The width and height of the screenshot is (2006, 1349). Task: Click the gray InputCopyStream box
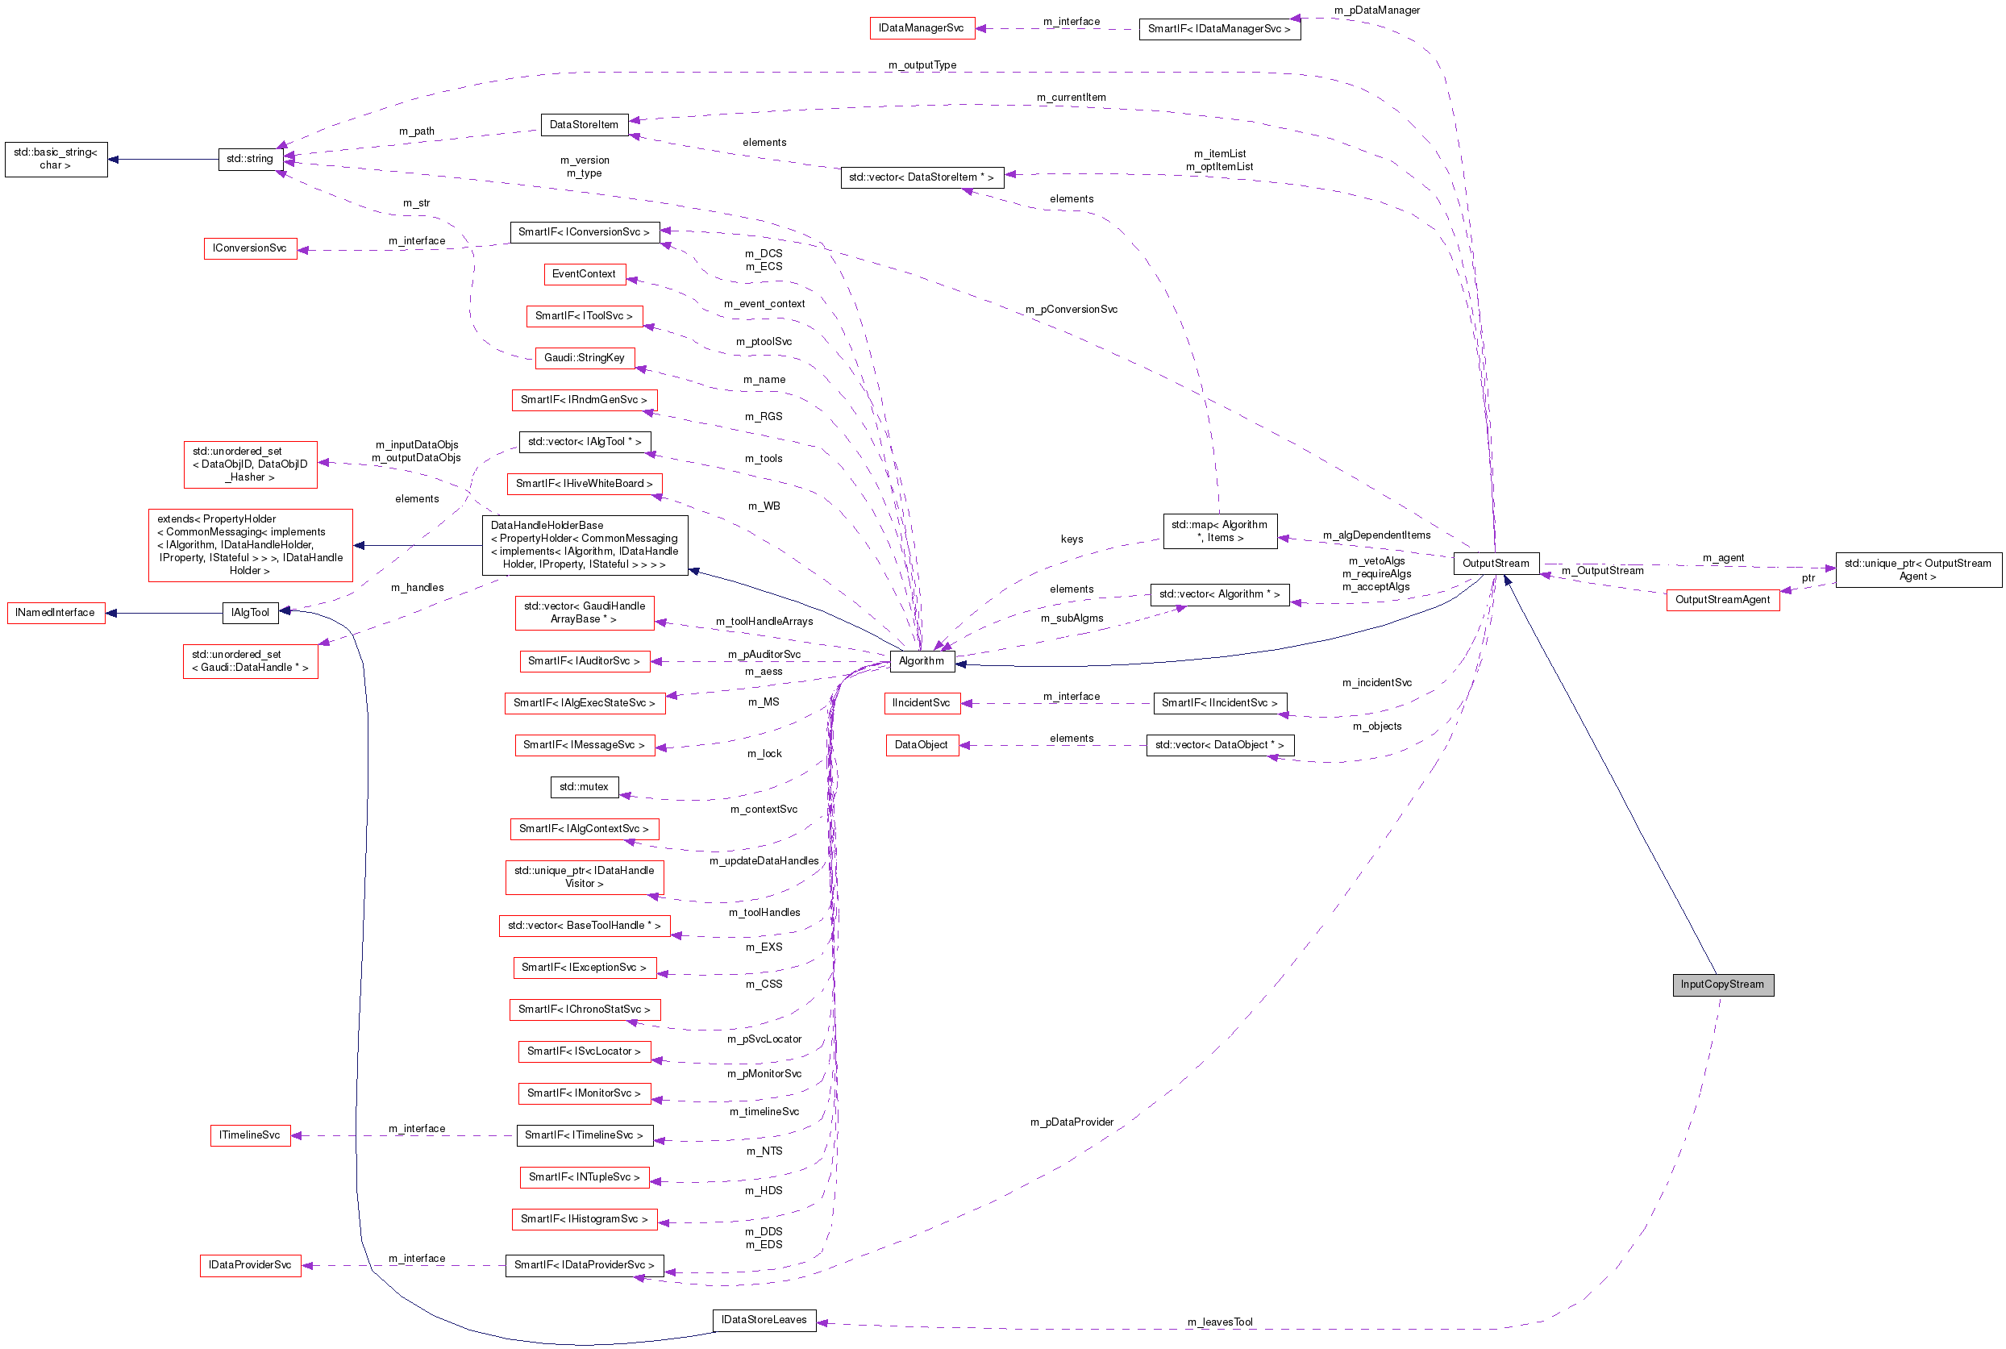pyautogui.click(x=1722, y=985)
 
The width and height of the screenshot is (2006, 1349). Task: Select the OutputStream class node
pyautogui.click(x=1495, y=564)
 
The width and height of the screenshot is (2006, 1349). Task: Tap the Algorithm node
pyautogui.click(x=922, y=660)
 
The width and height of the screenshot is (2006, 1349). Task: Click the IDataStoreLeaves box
pyautogui.click(x=764, y=1320)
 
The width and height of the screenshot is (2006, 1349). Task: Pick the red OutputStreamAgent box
pyautogui.click(x=1722, y=600)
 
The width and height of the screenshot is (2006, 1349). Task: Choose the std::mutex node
pyautogui.click(x=583, y=786)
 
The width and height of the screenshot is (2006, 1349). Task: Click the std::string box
pyautogui.click(x=249, y=159)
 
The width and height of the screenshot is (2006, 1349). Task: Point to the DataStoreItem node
pyautogui.click(x=583, y=125)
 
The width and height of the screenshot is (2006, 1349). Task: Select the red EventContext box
pyautogui.click(x=584, y=273)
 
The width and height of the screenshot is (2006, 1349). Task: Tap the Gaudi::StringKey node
pyautogui.click(x=584, y=358)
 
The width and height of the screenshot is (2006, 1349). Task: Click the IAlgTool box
pyautogui.click(x=249, y=613)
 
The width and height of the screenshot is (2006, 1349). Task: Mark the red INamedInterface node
pyautogui.click(x=55, y=613)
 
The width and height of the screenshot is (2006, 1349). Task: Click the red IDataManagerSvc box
pyautogui.click(x=921, y=28)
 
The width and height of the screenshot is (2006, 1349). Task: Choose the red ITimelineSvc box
pyautogui.click(x=249, y=1135)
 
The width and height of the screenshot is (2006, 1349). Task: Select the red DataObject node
pyautogui.click(x=921, y=745)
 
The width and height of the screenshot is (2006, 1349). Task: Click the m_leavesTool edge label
pyautogui.click(x=1219, y=1322)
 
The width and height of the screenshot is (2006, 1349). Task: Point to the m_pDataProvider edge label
pyautogui.click(x=1071, y=1122)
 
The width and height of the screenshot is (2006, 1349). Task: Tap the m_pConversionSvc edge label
pyautogui.click(x=1071, y=310)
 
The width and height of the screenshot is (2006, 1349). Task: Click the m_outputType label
pyautogui.click(x=922, y=65)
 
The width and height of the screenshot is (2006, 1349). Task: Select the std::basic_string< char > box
pyautogui.click(x=56, y=159)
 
